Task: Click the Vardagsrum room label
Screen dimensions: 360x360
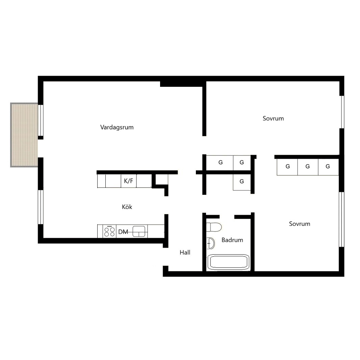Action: tap(117, 127)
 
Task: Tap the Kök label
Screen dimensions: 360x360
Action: tap(127, 207)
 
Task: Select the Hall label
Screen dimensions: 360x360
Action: tap(185, 253)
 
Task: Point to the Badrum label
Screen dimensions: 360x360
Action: tap(232, 240)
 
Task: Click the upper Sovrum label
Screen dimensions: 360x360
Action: tap(273, 119)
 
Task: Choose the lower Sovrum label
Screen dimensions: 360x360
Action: tap(300, 224)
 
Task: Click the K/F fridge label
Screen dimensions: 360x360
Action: tap(129, 181)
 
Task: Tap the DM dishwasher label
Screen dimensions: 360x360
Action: tap(123, 232)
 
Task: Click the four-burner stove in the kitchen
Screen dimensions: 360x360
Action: tap(109, 231)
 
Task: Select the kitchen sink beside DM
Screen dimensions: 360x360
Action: tap(139, 231)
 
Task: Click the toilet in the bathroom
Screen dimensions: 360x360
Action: tap(214, 227)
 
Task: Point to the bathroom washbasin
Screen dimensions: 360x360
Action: tap(210, 243)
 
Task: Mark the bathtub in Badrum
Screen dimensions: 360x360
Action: tap(228, 262)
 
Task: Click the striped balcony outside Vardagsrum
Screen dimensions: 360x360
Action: tap(24, 135)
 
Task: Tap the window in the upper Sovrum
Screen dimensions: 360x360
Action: tap(342, 112)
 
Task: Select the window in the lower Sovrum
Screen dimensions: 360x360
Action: tap(342, 220)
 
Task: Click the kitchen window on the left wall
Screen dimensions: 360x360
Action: tap(41, 207)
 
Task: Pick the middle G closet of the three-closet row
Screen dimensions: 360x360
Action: tap(308, 167)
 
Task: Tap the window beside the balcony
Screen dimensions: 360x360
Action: tap(41, 120)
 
